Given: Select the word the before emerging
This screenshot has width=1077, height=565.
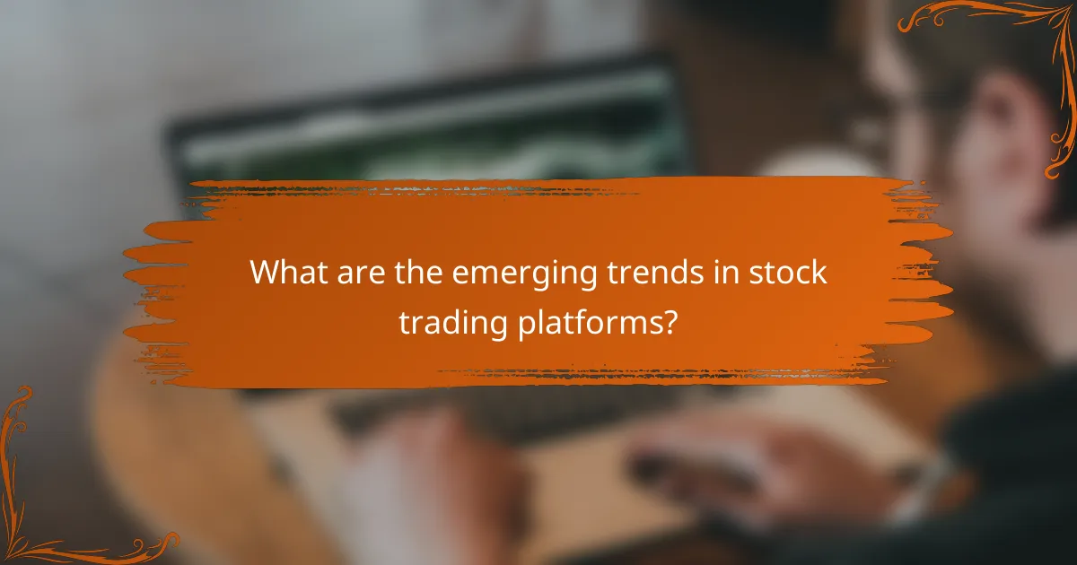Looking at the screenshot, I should click(417, 272).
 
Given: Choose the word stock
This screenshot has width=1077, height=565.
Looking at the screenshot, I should click(788, 272).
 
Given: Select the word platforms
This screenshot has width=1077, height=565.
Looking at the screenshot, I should click(588, 324).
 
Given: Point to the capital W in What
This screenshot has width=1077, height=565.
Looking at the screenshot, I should click(266, 272).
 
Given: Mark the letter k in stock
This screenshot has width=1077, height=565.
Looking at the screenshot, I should click(819, 272).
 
